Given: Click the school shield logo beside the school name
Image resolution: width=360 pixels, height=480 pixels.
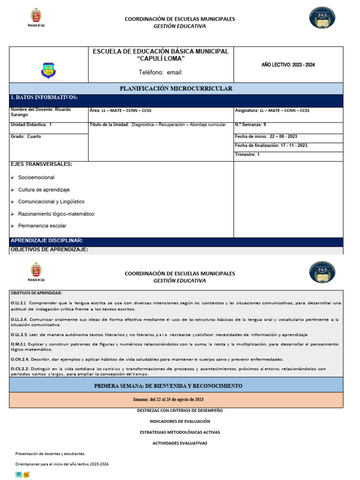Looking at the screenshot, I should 48,70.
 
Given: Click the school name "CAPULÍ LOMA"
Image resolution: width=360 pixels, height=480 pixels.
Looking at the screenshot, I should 160,59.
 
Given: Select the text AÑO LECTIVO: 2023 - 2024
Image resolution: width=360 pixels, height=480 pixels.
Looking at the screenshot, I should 288,65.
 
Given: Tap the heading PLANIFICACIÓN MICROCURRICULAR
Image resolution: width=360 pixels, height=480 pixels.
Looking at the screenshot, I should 176,89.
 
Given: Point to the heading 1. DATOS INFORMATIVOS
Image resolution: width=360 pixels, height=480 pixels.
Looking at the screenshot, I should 44,97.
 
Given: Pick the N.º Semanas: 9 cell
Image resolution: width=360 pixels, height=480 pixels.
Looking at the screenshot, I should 251,125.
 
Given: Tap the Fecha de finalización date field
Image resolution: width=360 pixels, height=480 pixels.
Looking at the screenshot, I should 271,145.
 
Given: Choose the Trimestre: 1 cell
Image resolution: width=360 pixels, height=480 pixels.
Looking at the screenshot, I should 247,154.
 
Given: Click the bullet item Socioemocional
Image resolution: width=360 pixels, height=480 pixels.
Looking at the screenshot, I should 36,178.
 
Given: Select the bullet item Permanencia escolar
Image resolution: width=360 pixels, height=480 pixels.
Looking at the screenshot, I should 42,226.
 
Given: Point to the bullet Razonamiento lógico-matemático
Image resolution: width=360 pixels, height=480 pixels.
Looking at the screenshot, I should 56,214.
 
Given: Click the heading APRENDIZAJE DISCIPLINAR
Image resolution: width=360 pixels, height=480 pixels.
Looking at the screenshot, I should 46,240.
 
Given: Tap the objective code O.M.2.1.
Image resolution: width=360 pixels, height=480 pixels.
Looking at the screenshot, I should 19,344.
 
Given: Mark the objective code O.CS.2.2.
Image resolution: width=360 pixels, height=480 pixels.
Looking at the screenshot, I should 20,369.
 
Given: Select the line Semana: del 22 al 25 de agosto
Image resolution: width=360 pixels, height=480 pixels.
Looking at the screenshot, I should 168,399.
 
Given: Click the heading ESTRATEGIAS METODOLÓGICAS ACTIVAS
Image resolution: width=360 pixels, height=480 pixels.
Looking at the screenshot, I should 180,432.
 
